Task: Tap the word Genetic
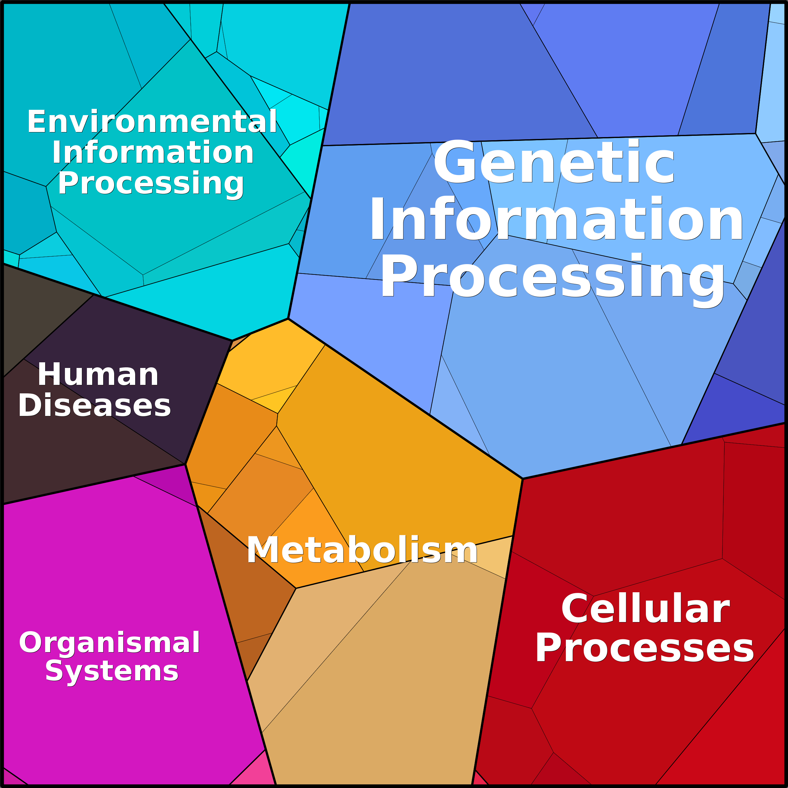[x=554, y=162]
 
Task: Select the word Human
[x=98, y=375]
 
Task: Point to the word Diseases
[x=94, y=405]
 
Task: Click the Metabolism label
[x=362, y=550]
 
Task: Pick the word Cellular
[x=645, y=609]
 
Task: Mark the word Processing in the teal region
[x=151, y=184]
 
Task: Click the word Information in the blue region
[x=556, y=219]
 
